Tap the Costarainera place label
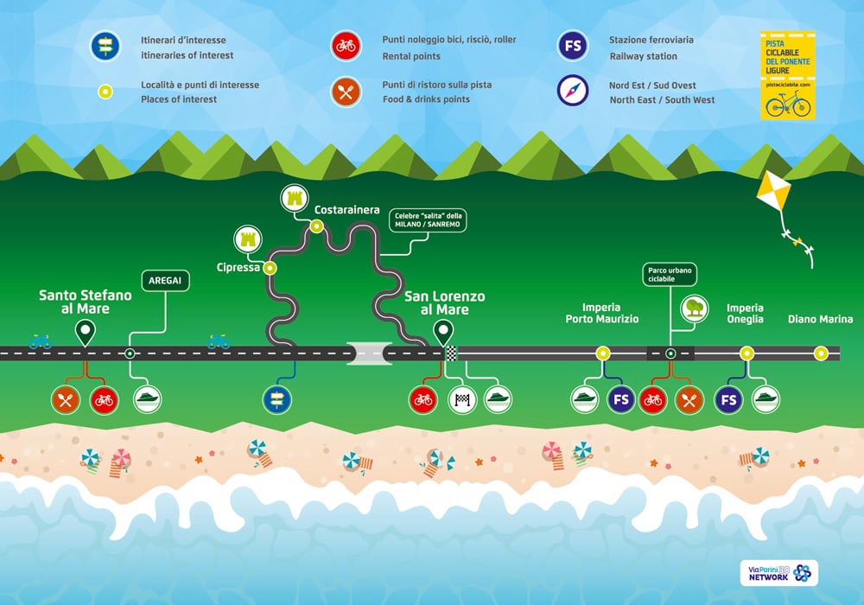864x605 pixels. (x=346, y=210)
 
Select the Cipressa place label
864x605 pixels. (x=238, y=268)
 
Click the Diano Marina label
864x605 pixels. (x=820, y=320)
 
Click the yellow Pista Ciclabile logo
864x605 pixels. (x=787, y=76)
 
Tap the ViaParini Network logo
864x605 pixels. (x=778, y=573)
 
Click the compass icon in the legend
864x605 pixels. (x=573, y=91)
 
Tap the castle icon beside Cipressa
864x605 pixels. (x=249, y=239)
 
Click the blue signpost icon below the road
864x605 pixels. (x=277, y=399)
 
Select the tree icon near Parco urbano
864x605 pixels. (x=694, y=308)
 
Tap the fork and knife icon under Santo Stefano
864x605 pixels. (x=67, y=399)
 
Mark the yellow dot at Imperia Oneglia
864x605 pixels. (x=746, y=353)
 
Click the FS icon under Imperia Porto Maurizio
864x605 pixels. (x=621, y=399)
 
